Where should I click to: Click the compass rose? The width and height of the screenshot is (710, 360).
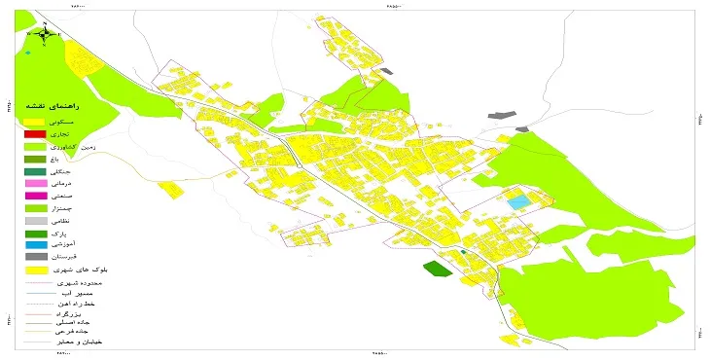click(x=47, y=34)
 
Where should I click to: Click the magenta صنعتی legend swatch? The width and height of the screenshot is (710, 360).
click(x=35, y=196)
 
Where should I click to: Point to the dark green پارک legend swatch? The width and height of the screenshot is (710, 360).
click(x=35, y=233)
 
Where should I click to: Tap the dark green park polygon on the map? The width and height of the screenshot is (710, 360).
click(x=438, y=269)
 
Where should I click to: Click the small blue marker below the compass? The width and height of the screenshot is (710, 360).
click(x=30, y=53)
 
